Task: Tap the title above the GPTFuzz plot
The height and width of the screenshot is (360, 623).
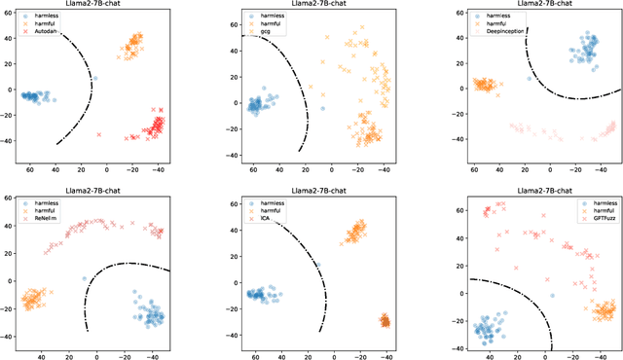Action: pyautogui.click(x=539, y=183)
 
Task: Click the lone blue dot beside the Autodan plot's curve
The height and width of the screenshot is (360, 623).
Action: pyautogui.click(x=95, y=79)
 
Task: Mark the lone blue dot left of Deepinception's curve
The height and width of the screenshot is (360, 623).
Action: pyautogui.click(x=530, y=79)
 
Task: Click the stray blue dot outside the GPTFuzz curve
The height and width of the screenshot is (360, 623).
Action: pyautogui.click(x=551, y=295)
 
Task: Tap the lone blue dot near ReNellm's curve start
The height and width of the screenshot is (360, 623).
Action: pyautogui.click(x=85, y=279)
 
